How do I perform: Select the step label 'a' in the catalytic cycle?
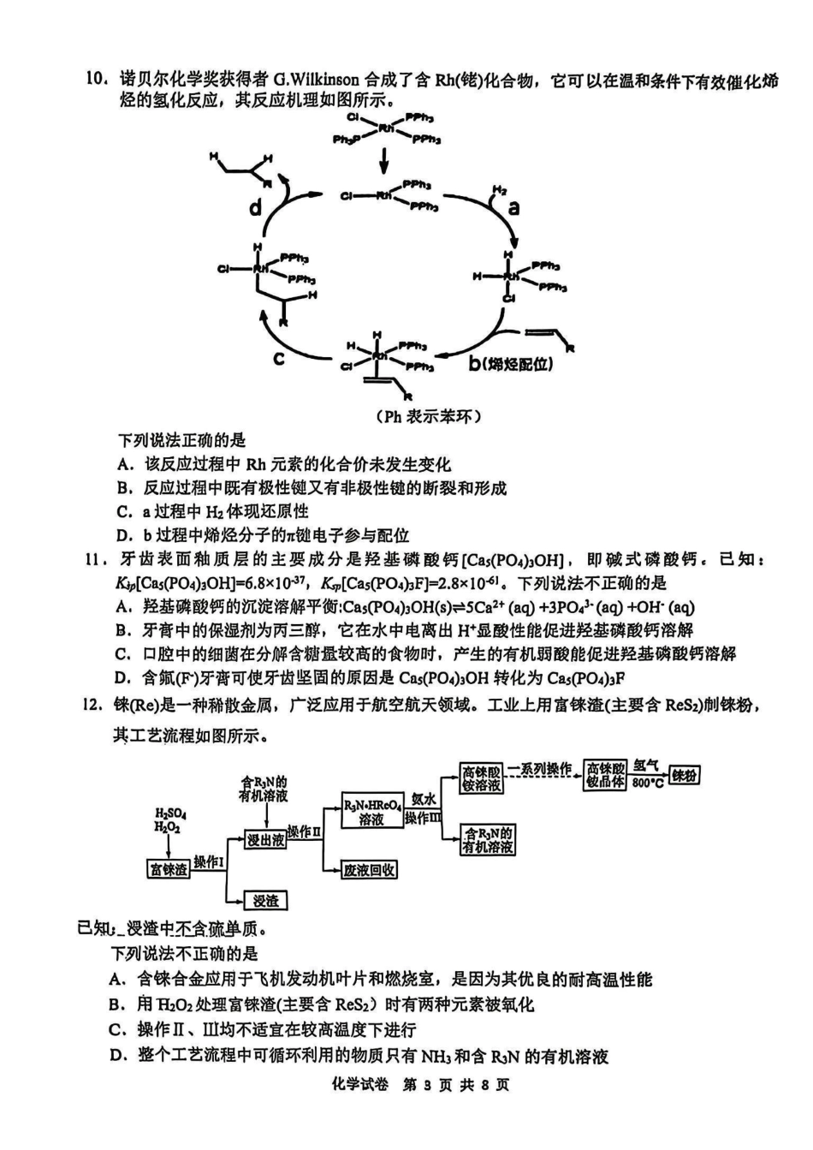coord(514,207)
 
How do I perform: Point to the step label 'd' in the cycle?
coord(256,208)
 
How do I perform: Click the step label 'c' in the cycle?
coord(279,359)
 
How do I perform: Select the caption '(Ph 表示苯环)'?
coord(428,417)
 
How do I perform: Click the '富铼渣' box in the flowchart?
coord(169,869)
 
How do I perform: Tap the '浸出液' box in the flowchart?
coord(265,840)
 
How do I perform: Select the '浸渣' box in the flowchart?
coord(265,901)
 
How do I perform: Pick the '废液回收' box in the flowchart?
coord(370,870)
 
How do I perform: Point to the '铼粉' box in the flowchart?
coord(685,775)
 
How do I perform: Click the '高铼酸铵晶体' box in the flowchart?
coord(606,775)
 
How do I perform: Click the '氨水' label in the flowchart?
coord(424,798)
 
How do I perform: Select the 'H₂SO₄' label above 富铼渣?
coord(171,813)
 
